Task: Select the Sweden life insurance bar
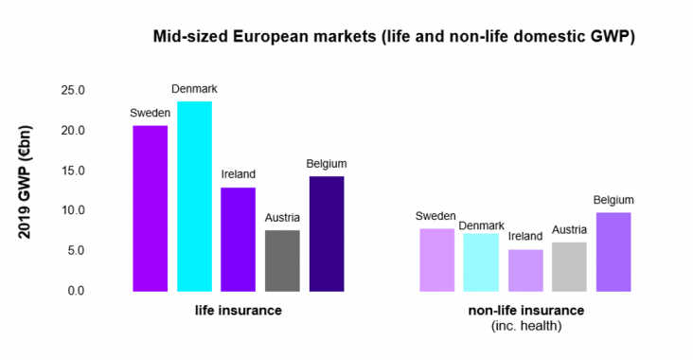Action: (x=150, y=208)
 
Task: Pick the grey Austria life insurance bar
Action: (x=283, y=261)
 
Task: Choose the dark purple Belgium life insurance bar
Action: (x=327, y=233)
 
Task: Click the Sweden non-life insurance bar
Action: (x=436, y=260)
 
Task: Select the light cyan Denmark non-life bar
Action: (x=481, y=262)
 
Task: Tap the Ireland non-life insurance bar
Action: (x=525, y=270)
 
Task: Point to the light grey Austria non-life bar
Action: (x=569, y=266)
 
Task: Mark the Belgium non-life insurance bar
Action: (x=613, y=252)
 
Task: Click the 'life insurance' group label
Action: (x=239, y=311)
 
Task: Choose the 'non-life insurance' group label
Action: (x=525, y=311)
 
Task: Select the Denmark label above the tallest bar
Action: (x=195, y=89)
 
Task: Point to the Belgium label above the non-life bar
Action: (x=613, y=200)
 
